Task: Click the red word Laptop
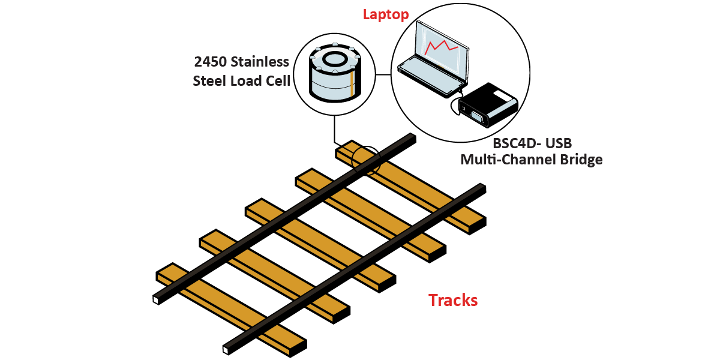point(386,14)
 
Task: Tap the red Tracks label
point(453,300)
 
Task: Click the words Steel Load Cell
point(241,80)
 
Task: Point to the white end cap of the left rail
point(157,299)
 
